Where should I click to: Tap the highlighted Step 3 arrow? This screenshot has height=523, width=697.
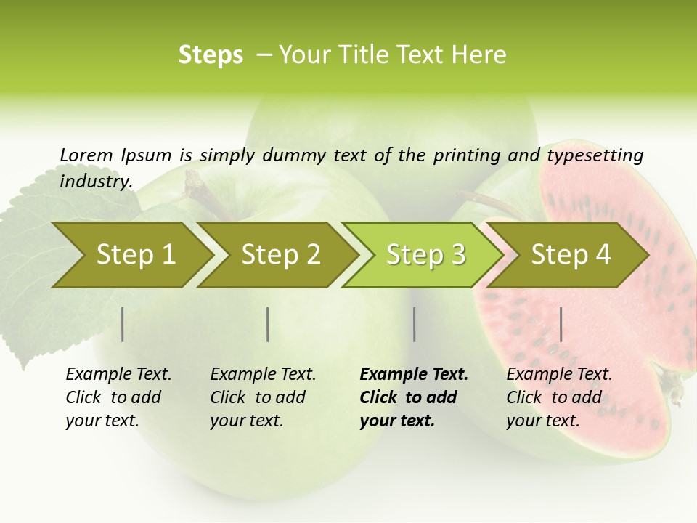(x=424, y=255)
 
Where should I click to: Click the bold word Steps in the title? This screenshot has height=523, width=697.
(x=211, y=55)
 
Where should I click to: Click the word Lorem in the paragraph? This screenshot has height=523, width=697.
(x=86, y=155)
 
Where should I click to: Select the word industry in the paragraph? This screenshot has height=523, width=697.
(x=95, y=181)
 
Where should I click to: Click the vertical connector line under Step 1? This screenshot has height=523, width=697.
(x=123, y=324)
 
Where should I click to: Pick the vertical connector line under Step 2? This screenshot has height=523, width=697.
(x=268, y=324)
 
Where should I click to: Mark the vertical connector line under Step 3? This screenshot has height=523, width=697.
(x=415, y=324)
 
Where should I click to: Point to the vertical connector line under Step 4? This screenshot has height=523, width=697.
(x=561, y=324)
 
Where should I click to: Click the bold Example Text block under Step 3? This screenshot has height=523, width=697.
(x=413, y=397)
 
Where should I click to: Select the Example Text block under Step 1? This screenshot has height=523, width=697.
(x=118, y=397)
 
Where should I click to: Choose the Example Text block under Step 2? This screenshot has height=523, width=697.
(x=263, y=397)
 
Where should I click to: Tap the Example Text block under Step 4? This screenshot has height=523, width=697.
(x=559, y=397)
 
